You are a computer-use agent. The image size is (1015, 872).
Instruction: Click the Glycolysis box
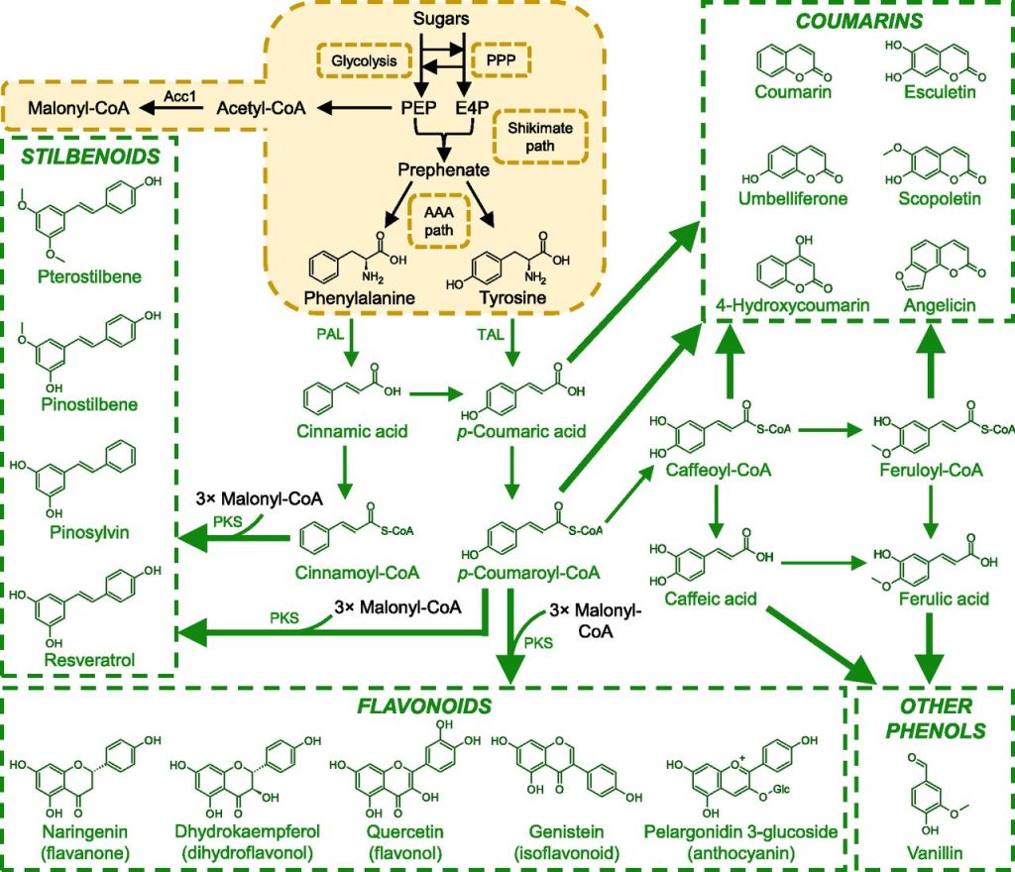click(x=363, y=60)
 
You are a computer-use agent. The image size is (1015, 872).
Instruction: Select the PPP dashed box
click(x=500, y=60)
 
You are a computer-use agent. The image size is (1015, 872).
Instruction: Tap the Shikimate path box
click(x=540, y=137)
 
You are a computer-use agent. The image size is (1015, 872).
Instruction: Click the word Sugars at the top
click(x=442, y=19)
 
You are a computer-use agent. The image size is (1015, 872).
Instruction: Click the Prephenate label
click(x=443, y=169)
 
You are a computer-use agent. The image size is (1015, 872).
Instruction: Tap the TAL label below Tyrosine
click(x=489, y=336)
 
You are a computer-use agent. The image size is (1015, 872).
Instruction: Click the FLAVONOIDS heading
click(x=425, y=706)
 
